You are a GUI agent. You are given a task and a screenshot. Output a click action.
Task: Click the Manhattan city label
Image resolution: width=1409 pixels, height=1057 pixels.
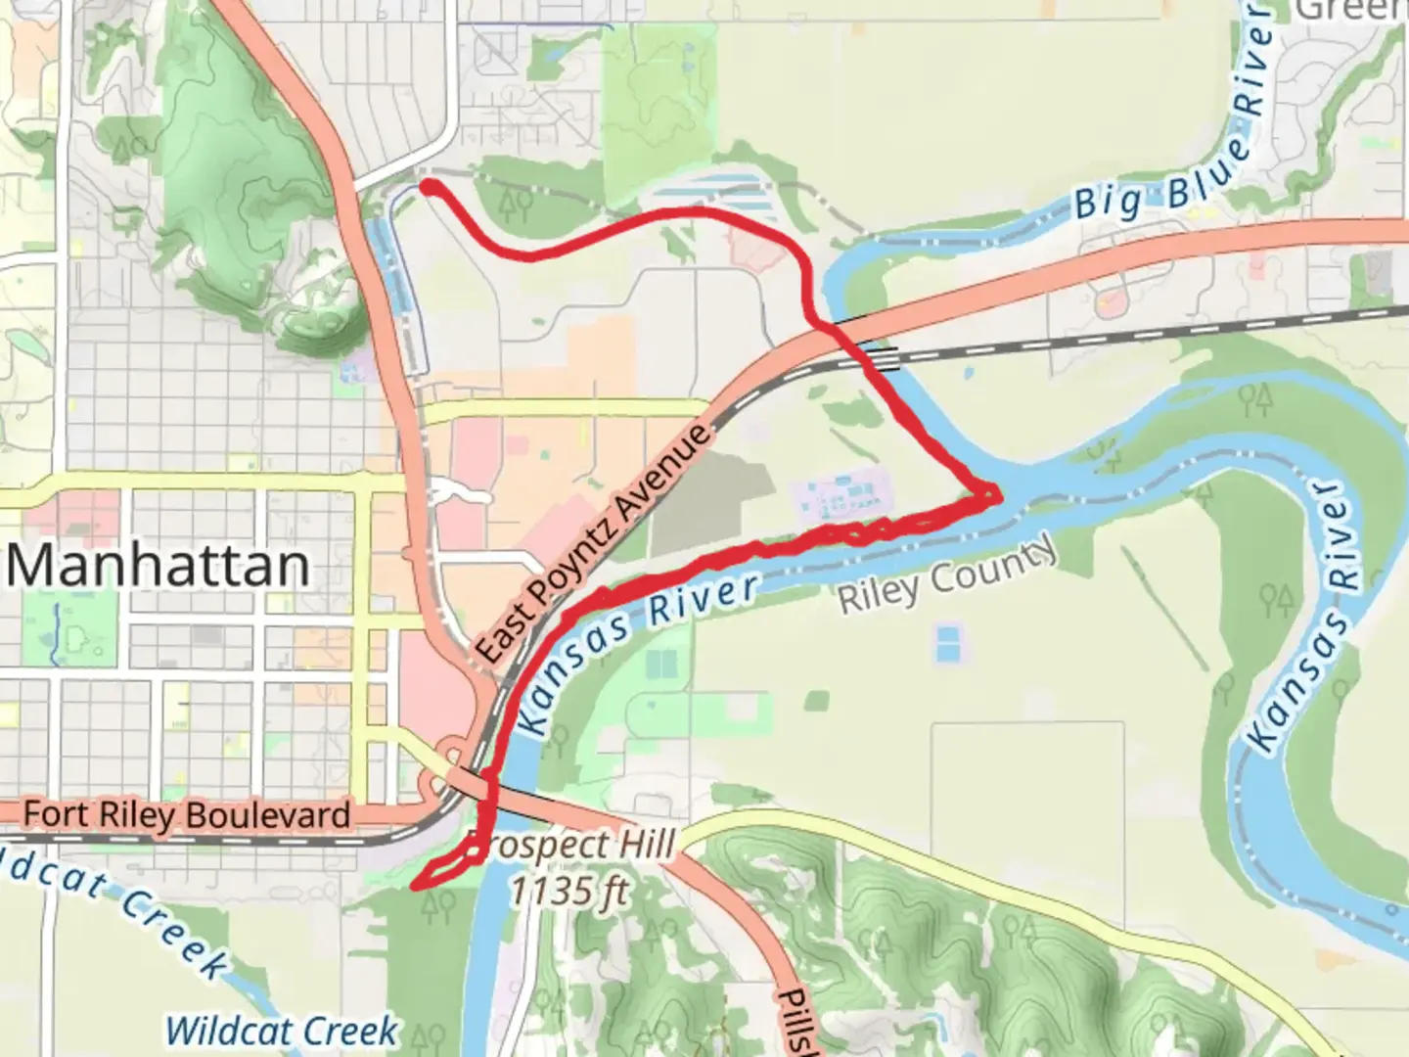pyautogui.click(x=159, y=566)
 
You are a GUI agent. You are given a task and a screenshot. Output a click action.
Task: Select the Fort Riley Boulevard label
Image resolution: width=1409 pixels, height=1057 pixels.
pyautogui.click(x=186, y=814)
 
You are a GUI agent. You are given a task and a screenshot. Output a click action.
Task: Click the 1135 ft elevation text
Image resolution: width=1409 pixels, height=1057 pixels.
pyautogui.click(x=569, y=891)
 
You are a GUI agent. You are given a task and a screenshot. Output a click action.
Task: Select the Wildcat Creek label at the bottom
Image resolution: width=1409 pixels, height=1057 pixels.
pyautogui.click(x=282, y=1031)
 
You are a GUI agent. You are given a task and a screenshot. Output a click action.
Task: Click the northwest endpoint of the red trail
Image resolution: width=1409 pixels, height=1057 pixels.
pyautogui.click(x=428, y=185)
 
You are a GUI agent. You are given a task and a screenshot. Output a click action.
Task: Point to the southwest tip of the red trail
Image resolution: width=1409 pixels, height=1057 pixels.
pyautogui.click(x=416, y=886)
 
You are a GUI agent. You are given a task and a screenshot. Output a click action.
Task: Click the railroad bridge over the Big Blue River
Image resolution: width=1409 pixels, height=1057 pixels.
pyautogui.click(x=884, y=359)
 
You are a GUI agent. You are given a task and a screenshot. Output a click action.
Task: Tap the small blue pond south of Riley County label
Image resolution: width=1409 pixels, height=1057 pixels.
pyautogui.click(x=947, y=644)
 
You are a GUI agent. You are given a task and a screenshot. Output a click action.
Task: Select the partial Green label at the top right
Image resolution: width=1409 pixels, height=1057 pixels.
pyautogui.click(x=1351, y=10)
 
